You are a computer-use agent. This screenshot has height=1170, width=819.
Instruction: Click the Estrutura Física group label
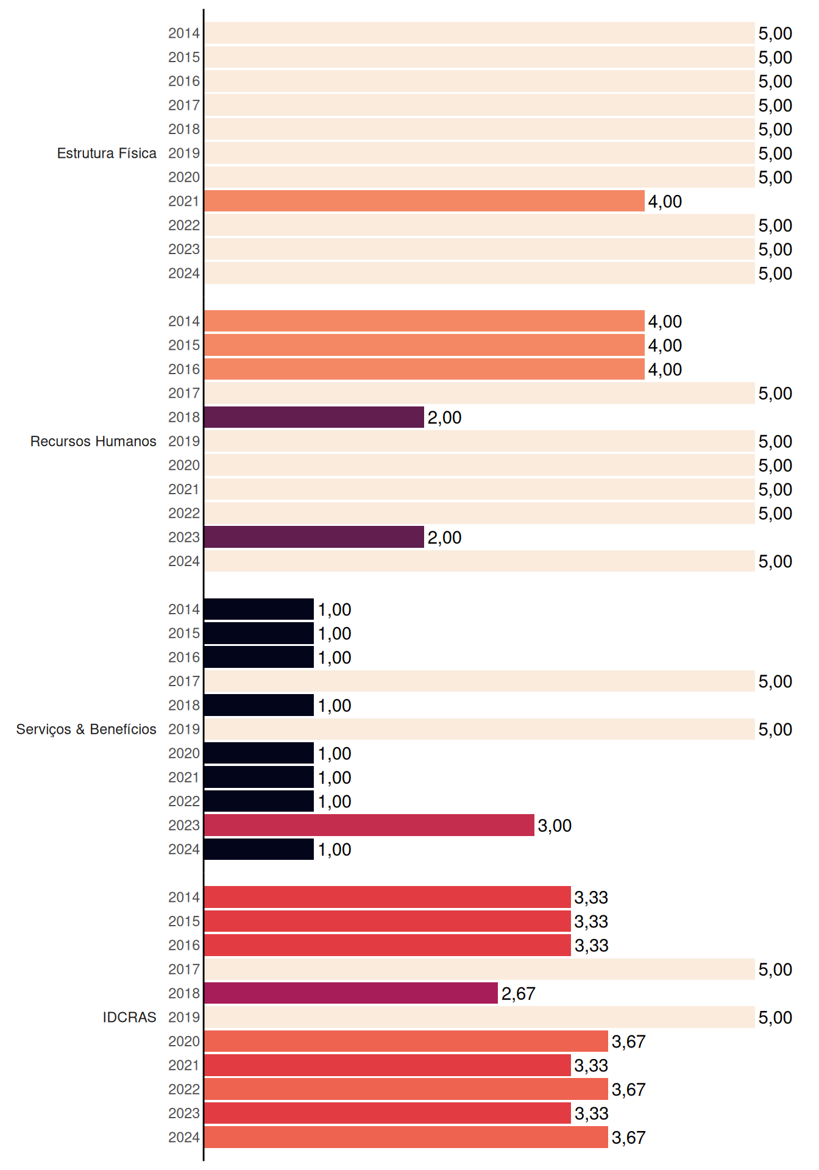click(x=107, y=153)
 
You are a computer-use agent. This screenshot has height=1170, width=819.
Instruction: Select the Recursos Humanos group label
click(x=93, y=441)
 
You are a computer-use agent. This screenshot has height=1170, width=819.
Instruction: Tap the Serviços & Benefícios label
click(x=86, y=729)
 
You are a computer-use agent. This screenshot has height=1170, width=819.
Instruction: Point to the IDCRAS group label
click(x=129, y=1017)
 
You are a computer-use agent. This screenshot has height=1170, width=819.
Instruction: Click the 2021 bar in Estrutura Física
click(x=424, y=201)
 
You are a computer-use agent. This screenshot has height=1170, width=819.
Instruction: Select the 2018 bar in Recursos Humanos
click(x=314, y=417)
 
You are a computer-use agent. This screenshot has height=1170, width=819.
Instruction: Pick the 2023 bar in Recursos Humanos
click(x=314, y=537)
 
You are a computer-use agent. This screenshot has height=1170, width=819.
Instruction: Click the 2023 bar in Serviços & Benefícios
click(x=369, y=825)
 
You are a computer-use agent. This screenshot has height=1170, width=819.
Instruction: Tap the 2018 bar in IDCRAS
click(x=351, y=993)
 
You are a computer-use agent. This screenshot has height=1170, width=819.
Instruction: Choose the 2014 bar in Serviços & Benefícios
click(x=259, y=609)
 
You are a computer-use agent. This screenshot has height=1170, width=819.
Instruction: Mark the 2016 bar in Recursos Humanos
click(x=424, y=369)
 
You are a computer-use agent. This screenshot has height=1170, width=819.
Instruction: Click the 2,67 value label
click(x=519, y=994)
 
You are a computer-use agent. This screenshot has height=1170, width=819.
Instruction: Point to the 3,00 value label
click(x=555, y=826)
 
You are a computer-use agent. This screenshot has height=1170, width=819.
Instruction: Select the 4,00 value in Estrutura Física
click(x=665, y=202)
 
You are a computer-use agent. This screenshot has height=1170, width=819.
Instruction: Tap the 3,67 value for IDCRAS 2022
click(x=628, y=1090)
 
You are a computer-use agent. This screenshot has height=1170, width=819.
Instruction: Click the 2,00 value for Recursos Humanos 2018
click(x=444, y=418)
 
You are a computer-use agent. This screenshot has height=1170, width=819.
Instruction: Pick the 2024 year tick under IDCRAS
click(x=184, y=1137)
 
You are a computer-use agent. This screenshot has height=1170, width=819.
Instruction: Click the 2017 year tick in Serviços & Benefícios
click(x=184, y=681)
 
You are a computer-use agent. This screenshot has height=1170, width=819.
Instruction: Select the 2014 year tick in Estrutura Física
click(x=184, y=33)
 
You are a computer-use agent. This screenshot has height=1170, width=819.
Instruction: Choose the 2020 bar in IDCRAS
click(x=406, y=1041)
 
